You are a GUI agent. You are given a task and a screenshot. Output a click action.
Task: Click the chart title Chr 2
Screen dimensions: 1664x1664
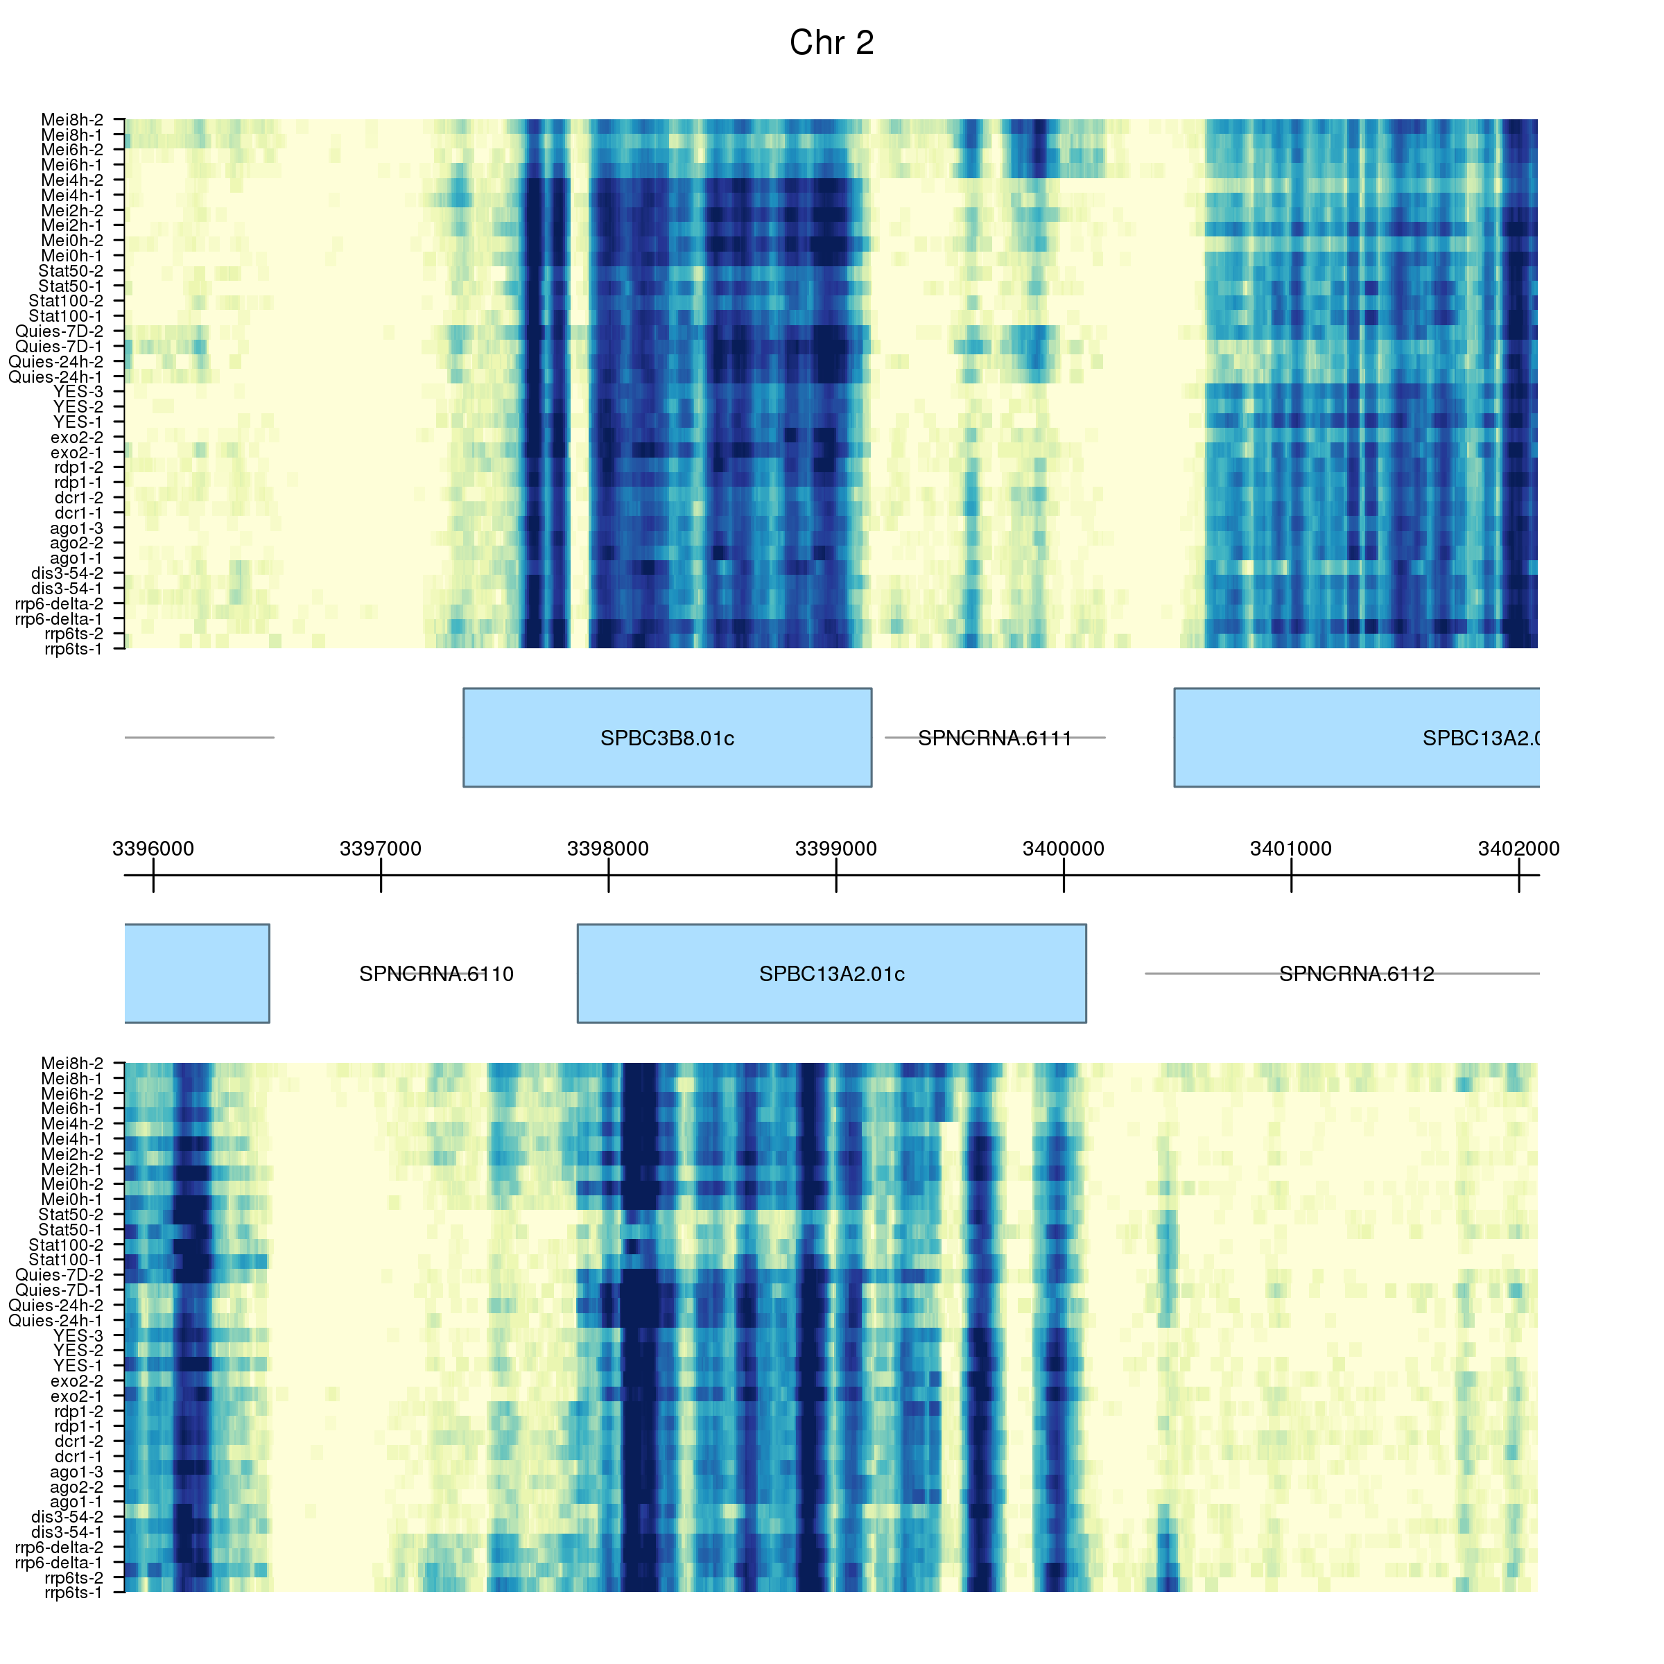click(x=831, y=43)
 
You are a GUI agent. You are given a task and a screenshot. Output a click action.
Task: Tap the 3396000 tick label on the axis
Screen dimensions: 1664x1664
click(x=153, y=849)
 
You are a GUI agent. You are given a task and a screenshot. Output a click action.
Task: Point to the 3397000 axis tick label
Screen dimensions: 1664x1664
click(x=381, y=849)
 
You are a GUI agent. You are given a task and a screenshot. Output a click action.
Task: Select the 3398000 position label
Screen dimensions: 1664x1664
click(x=608, y=849)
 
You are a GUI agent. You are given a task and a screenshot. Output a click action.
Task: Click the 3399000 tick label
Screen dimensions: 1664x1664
click(x=835, y=849)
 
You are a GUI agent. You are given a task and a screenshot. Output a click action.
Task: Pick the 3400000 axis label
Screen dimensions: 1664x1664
click(x=1063, y=849)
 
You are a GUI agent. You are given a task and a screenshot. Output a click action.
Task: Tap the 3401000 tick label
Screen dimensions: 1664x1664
click(x=1290, y=849)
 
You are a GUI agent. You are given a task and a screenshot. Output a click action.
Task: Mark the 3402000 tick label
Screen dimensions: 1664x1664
click(x=1518, y=849)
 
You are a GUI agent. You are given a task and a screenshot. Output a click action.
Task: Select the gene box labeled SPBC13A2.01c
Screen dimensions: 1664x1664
click(x=831, y=974)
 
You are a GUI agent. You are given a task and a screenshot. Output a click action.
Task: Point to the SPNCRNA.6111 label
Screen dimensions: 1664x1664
click(x=995, y=739)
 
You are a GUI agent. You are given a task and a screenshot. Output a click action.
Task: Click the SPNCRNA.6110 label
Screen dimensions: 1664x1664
click(x=436, y=975)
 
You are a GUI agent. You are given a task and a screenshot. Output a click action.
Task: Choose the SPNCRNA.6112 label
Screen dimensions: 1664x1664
click(x=1357, y=975)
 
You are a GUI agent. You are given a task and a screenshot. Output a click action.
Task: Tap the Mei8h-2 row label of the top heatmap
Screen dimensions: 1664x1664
click(x=72, y=120)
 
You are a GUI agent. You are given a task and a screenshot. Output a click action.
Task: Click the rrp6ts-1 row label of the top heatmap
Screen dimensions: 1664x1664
click(x=73, y=648)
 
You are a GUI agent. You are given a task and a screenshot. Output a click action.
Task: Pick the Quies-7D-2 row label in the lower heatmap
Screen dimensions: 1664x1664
click(x=60, y=1275)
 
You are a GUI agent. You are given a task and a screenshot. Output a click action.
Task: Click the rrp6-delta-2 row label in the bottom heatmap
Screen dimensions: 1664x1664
click(x=60, y=1547)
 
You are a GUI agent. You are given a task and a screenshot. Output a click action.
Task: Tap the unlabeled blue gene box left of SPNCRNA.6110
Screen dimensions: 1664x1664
click(x=197, y=974)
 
